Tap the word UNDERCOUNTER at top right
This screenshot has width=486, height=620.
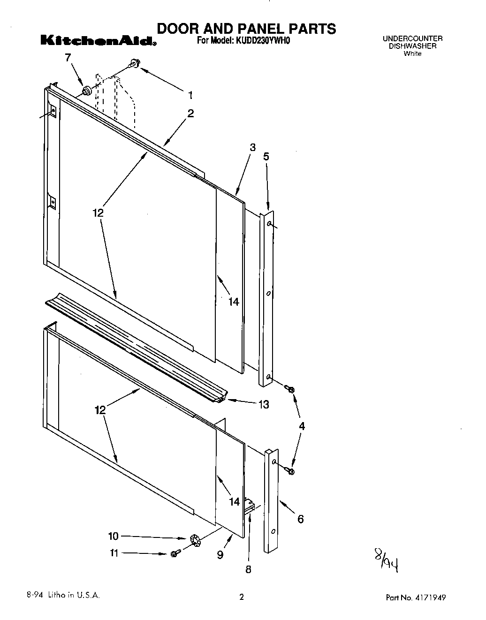(412, 38)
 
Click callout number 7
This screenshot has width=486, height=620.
(68, 58)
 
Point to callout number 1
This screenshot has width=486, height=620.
(190, 95)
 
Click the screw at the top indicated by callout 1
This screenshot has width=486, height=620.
(135, 62)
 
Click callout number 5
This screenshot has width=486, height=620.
(266, 157)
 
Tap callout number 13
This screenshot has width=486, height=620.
(264, 404)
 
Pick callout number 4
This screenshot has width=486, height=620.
(302, 426)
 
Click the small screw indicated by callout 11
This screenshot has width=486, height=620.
(175, 554)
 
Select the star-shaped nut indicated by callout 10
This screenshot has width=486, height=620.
(195, 541)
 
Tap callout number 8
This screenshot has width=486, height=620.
(248, 569)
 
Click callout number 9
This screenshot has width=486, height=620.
(220, 555)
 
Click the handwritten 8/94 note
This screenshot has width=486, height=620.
(386, 560)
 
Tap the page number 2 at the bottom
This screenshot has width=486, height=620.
(242, 597)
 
